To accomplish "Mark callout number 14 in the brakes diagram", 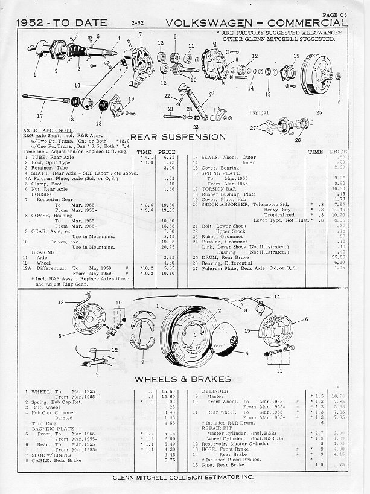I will point(276,297).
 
